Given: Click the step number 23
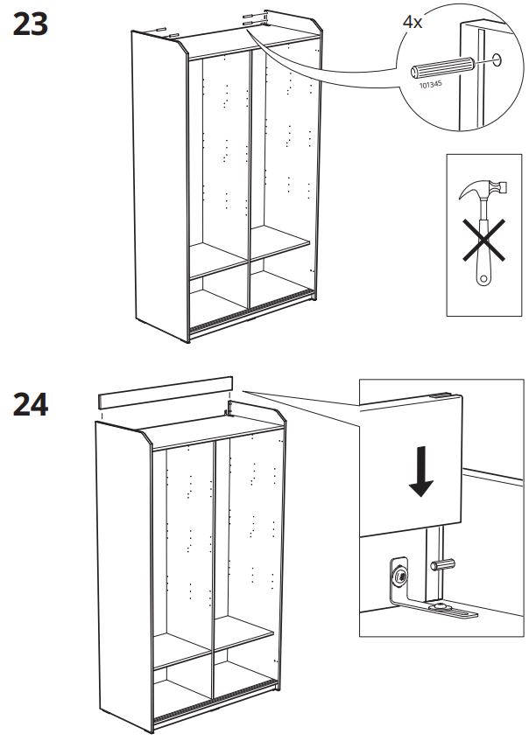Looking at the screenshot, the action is click(x=31, y=24).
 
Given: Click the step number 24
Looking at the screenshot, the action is click(x=31, y=404).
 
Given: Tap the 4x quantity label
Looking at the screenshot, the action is click(x=413, y=22).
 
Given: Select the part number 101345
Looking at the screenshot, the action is click(x=431, y=84).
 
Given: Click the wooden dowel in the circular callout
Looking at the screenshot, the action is click(x=442, y=67).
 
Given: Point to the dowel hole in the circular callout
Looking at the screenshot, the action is click(x=497, y=60).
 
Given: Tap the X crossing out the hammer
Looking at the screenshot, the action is click(x=483, y=240).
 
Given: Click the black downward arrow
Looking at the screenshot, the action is click(x=420, y=472).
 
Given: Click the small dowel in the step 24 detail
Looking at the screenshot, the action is click(x=442, y=564).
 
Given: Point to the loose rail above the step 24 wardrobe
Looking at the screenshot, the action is click(x=166, y=393).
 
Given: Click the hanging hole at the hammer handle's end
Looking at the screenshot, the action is click(x=483, y=279).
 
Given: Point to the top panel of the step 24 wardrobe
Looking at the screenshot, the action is click(x=213, y=430).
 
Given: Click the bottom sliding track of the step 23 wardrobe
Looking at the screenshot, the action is click(x=250, y=312).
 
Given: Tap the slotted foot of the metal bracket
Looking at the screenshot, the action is click(x=453, y=611).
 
